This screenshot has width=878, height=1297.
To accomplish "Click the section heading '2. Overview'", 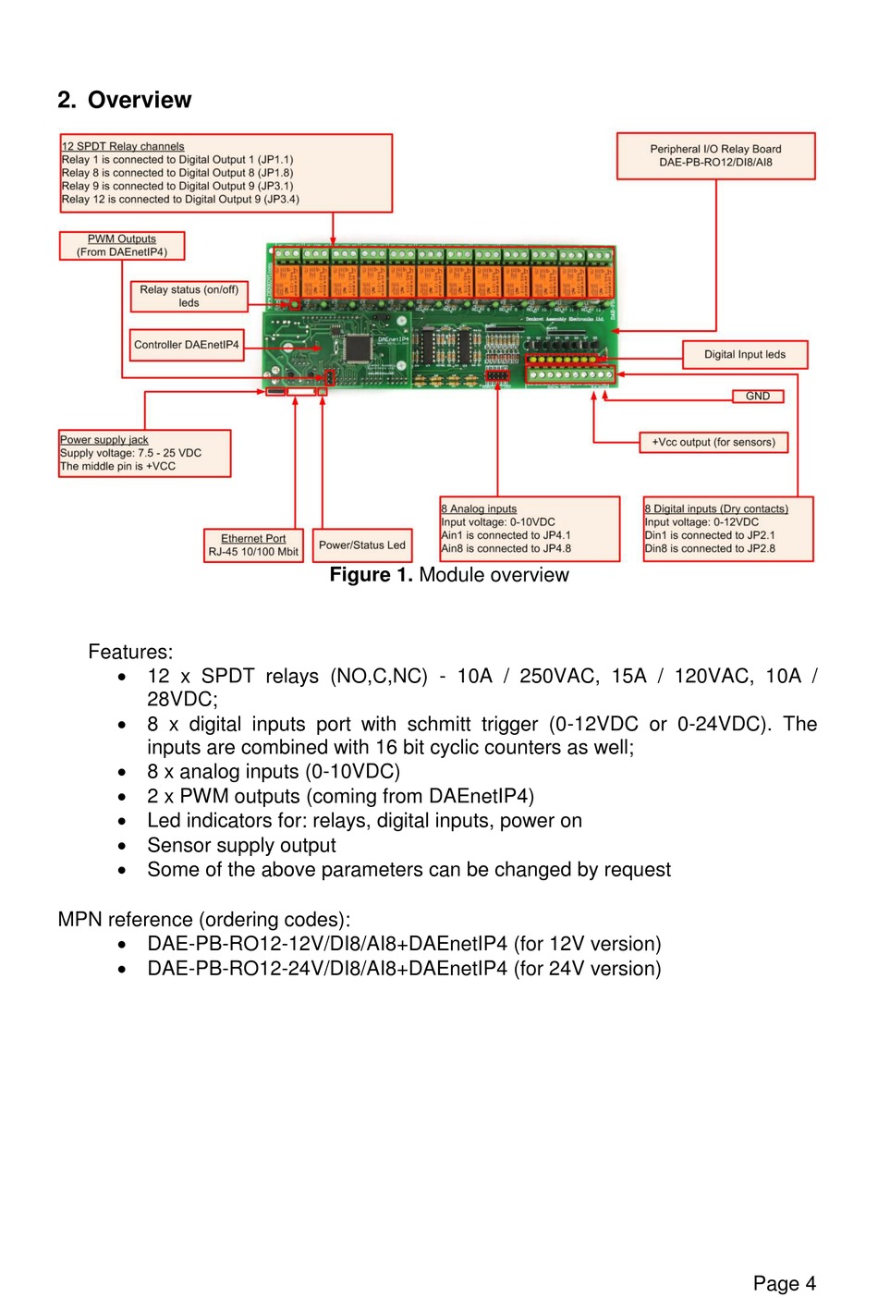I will pyautogui.click(x=124, y=100).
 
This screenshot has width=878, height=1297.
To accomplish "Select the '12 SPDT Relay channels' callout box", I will pyautogui.click(x=226, y=173).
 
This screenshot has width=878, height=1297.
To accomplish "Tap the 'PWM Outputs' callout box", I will pyautogui.click(x=122, y=245).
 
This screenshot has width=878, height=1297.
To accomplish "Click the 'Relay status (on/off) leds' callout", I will pyautogui.click(x=189, y=296).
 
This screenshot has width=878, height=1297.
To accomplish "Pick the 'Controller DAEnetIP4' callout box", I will pyautogui.click(x=187, y=345).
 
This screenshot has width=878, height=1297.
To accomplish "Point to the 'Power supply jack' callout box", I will pyautogui.click(x=144, y=453).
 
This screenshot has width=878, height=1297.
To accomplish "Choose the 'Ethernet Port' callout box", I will pyautogui.click(x=253, y=544).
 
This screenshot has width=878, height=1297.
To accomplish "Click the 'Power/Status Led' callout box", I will pyautogui.click(x=362, y=544).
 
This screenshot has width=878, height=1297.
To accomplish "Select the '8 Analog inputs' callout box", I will pyautogui.click(x=530, y=529).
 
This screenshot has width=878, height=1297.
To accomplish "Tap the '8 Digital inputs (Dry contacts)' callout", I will pyautogui.click(x=728, y=529).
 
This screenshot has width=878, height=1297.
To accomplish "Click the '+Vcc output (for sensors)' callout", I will pyautogui.click(x=713, y=442).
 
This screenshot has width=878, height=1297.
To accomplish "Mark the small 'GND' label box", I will pyautogui.click(x=758, y=396).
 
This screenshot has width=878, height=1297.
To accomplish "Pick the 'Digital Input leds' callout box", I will pyautogui.click(x=745, y=354).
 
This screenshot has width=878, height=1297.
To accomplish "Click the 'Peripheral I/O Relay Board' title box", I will pyautogui.click(x=715, y=155).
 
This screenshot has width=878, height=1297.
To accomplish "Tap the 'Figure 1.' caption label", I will pyautogui.click(x=371, y=575).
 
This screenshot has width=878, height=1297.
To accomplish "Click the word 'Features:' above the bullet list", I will pyautogui.click(x=130, y=652).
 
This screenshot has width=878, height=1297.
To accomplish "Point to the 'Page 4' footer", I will pyautogui.click(x=784, y=1283).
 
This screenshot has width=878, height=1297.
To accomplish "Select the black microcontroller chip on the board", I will pyautogui.click(x=356, y=348).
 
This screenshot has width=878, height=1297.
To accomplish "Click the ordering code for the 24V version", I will pyautogui.click(x=404, y=969).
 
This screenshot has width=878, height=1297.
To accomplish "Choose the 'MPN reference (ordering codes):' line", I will pyautogui.click(x=204, y=920).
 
